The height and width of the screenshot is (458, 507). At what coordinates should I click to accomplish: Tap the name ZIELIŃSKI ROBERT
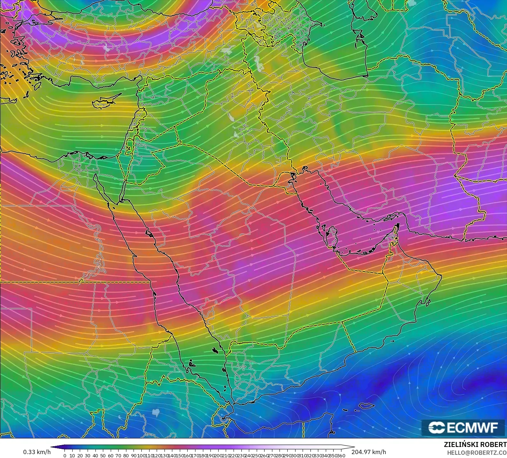475,445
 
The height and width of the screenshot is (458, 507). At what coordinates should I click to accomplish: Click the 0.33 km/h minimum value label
37,452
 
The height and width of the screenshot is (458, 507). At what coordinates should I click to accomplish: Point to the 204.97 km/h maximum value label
369,452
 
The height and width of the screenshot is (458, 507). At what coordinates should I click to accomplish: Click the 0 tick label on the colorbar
64,456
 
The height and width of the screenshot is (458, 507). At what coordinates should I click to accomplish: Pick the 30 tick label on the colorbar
88,456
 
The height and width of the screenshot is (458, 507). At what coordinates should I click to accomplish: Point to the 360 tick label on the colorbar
341,456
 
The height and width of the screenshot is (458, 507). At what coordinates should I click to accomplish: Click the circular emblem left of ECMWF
437,428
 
